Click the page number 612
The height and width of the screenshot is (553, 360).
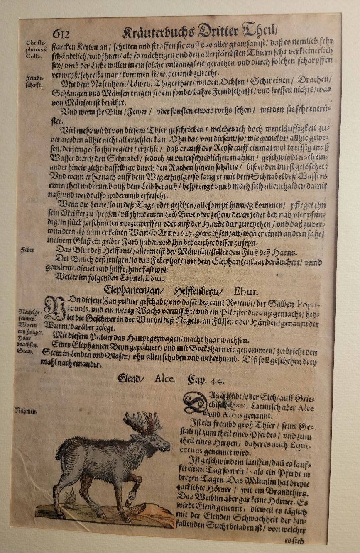61,34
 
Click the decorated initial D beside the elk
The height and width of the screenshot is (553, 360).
195,402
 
